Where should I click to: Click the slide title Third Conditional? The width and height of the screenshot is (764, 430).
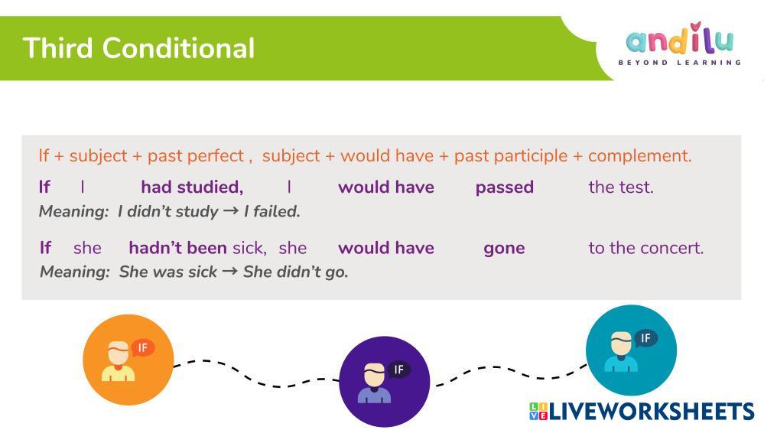pos(138,47)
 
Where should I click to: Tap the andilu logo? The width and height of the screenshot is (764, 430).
pos(680,44)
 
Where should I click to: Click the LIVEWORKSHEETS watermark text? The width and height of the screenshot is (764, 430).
pos(642,412)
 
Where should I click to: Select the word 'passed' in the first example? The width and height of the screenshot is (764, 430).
pos(504,187)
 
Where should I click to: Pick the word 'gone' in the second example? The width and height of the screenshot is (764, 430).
pos(504,249)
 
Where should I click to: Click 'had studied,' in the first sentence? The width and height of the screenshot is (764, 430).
pos(192,187)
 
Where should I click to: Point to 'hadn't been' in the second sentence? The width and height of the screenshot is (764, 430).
pos(177,248)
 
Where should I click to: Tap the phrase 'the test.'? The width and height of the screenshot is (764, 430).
pos(621,187)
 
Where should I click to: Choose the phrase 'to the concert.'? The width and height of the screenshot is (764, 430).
pos(646,248)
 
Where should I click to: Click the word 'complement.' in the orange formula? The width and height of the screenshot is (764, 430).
pos(640,156)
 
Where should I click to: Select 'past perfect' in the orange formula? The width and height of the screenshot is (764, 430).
pos(195,156)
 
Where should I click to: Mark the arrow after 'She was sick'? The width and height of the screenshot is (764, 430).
pos(229,272)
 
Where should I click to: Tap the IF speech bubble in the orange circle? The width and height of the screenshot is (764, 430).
pos(143,348)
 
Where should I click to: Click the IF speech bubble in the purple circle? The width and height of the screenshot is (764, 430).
pos(399,370)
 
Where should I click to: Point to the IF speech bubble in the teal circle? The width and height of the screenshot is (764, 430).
pos(645,338)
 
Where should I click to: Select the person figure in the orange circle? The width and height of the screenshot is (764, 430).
pos(118,361)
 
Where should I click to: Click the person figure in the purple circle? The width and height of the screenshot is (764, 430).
pos(374,383)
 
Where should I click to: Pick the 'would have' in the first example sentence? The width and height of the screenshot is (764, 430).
pos(386,187)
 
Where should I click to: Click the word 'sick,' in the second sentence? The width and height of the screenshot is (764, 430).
pos(249,248)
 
